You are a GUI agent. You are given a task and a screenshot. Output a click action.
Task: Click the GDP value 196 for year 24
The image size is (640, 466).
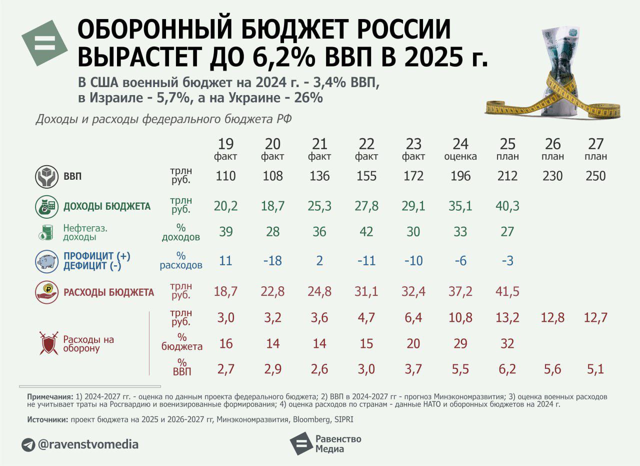pos(460,176)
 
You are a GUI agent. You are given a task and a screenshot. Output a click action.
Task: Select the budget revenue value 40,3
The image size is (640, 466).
pos(507,206)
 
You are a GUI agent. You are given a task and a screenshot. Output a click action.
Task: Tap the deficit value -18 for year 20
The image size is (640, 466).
pos(272,261)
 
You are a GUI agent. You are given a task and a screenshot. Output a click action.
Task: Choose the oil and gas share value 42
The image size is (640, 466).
pos(366,232)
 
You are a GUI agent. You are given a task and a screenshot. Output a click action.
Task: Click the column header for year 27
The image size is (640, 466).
pos(595,144)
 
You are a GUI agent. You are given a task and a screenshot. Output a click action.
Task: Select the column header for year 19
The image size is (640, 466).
pos(225,144)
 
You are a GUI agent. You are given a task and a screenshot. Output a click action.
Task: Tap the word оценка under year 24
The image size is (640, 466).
pos(460,157)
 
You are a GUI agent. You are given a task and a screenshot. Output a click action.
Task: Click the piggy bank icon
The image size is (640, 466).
pos(47,261)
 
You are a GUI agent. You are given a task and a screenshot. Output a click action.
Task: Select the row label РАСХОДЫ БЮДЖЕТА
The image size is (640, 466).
pos(108,292)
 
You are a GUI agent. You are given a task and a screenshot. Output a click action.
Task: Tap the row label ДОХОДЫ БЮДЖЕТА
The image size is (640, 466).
pos(107,206)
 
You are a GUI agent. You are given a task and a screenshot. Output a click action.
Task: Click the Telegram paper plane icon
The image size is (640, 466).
pos(28,444)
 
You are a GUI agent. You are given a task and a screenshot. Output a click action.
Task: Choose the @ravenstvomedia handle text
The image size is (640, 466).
pos(88,444)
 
